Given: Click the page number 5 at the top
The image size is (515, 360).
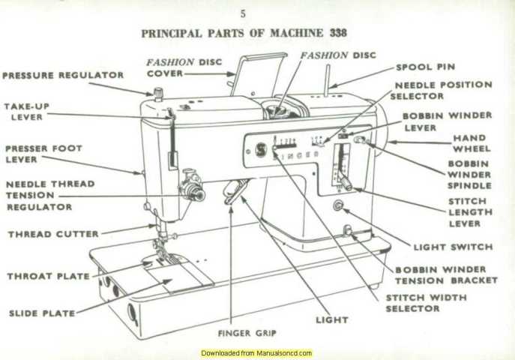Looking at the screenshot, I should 242,13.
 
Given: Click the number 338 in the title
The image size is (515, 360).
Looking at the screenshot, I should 337,33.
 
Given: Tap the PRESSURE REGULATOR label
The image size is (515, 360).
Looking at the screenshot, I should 63,76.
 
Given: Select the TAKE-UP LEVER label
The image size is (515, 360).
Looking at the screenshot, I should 26,112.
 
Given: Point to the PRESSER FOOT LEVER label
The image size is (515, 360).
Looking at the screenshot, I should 43,154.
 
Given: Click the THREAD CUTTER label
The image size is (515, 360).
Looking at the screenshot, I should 53,234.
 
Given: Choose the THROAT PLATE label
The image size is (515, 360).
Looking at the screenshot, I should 48,276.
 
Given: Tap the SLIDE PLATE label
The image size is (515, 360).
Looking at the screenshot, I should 42,313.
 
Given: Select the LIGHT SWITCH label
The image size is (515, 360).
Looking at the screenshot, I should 453,247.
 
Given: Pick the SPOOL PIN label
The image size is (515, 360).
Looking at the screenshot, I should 425,67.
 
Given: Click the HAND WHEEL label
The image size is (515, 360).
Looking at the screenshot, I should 469,143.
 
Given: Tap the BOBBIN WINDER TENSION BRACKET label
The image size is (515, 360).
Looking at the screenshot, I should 446,274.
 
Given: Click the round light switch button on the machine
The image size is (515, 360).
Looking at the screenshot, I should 337,205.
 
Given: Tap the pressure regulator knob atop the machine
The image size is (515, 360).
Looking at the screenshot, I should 158,93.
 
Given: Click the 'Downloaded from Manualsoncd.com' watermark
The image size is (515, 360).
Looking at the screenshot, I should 256,352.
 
